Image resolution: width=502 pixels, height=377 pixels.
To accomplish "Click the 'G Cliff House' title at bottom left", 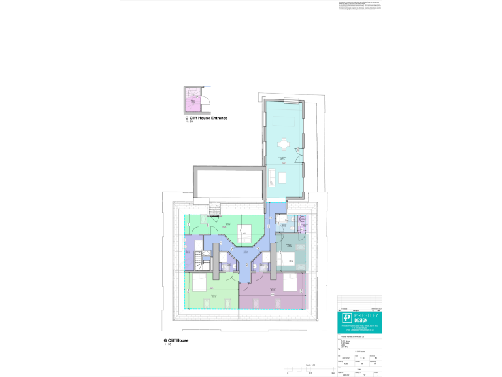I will pyautogui.click(x=176, y=340).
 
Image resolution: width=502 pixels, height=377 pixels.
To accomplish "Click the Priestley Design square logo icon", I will pyautogui.click(x=346, y=319).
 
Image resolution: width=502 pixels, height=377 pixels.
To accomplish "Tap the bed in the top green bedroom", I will pyautogui.click(x=245, y=232).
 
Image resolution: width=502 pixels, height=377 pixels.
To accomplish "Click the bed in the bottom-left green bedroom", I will pyautogui.click(x=197, y=284).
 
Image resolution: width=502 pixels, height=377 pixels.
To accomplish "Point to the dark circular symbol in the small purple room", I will pyautogui.click(x=303, y=221).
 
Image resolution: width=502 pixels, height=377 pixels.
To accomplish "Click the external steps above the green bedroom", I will pyautogui.click(x=214, y=209).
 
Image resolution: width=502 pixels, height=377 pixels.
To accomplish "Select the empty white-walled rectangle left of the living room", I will pyautogui.click(x=228, y=180).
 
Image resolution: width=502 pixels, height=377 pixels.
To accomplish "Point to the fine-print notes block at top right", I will pyautogui.click(x=358, y=7).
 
